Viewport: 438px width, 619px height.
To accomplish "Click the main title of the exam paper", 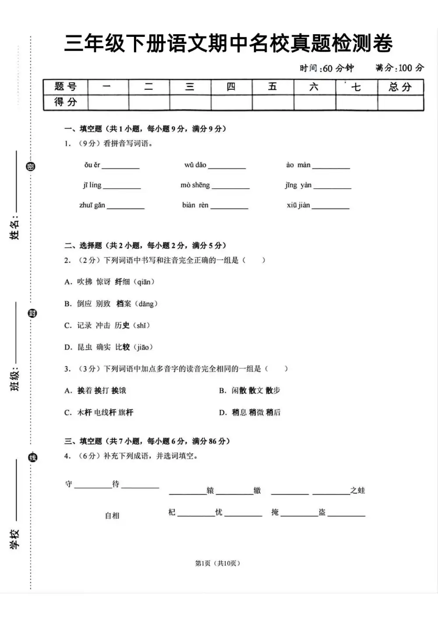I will click(228, 43).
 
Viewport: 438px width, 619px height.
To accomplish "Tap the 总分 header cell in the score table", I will click(400, 87).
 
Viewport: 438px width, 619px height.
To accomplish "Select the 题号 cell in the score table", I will click(65, 86).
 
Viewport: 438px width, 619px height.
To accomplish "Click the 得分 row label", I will click(65, 102).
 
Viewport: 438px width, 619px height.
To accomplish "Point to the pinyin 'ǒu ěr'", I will click(92, 165).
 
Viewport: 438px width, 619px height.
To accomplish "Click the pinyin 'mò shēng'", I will click(195, 185).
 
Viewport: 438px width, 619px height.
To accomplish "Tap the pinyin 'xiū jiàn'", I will click(298, 205).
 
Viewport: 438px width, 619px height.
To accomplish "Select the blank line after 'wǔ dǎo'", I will click(227, 167).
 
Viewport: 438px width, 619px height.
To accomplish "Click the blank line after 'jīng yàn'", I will click(332, 187).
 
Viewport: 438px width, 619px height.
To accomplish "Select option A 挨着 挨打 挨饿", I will click(95, 390).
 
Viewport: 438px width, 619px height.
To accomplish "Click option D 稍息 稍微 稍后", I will click(250, 412).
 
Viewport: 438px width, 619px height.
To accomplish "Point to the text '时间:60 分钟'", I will click(327, 68).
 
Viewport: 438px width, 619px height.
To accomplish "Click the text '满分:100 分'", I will click(399, 68).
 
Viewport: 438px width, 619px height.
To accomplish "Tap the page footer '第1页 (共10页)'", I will click(218, 563).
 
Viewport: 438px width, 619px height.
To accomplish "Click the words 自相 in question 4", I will click(112, 516).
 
